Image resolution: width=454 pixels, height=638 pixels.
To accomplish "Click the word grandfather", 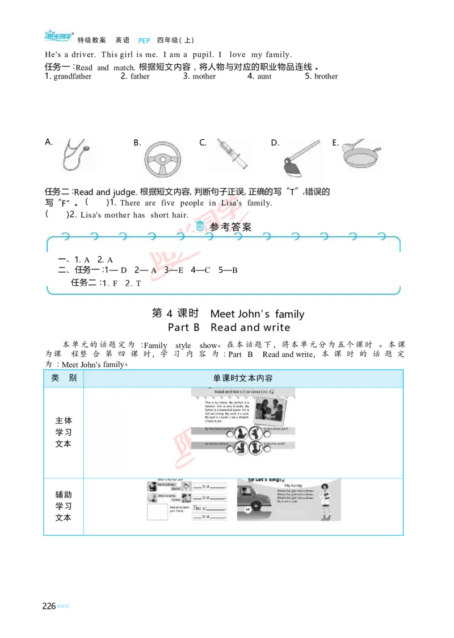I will click(72, 77).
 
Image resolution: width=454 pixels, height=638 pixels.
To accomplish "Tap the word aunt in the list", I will click(264, 77).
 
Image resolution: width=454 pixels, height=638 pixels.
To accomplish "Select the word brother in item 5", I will click(326, 77).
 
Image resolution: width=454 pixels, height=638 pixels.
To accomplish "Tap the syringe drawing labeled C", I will click(229, 154).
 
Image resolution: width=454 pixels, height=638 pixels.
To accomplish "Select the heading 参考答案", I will click(230, 227).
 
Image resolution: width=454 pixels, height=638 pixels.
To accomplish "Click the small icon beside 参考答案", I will click(200, 226).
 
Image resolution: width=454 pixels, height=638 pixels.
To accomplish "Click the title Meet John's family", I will click(257, 314).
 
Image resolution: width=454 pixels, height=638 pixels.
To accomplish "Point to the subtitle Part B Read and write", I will click(229, 328).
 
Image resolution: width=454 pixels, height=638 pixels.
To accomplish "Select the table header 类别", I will click(64, 378).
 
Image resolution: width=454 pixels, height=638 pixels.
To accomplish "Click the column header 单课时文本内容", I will click(243, 378).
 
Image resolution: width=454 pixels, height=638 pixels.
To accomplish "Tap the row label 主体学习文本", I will click(64, 432).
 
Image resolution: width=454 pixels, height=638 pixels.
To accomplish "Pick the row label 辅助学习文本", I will click(64, 506).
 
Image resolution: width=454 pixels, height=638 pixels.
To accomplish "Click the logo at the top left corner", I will click(60, 37).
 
